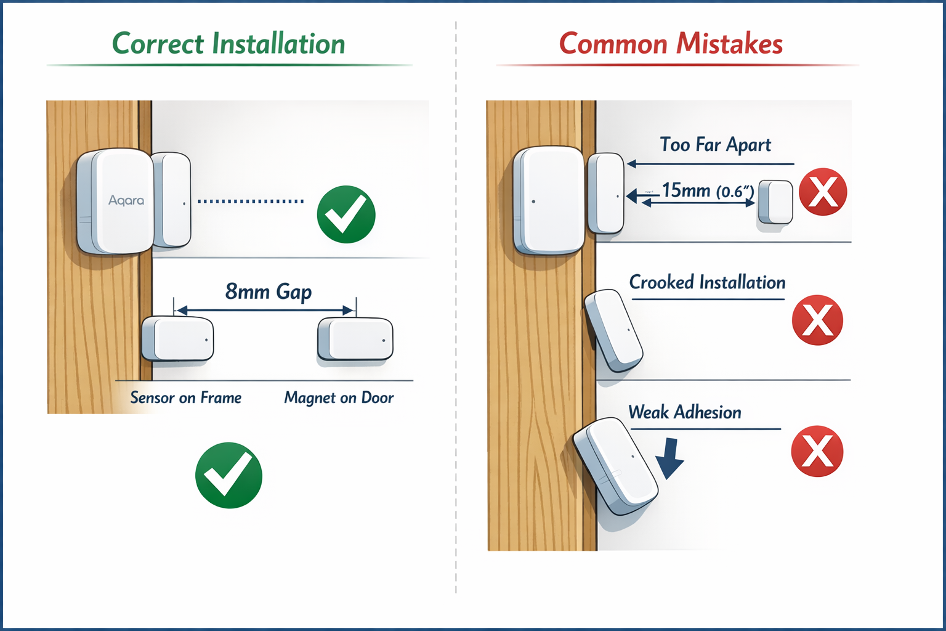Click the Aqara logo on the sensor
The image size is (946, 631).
pyautogui.click(x=126, y=200)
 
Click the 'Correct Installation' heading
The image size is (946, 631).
pyautogui.click(x=228, y=44)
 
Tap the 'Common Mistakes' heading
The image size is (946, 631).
pyautogui.click(x=671, y=44)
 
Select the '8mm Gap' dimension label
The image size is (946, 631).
pyautogui.click(x=269, y=291)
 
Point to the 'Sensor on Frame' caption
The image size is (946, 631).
pyautogui.click(x=185, y=398)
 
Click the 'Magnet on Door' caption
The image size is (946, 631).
pyautogui.click(x=339, y=398)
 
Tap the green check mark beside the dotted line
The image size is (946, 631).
pyautogui.click(x=346, y=214)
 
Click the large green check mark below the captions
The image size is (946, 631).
pyautogui.click(x=228, y=475)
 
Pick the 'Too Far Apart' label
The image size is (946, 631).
pyautogui.click(x=715, y=145)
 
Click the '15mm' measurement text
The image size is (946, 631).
pyautogui.click(x=686, y=190)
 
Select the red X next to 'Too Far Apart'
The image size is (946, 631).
pyautogui.click(x=823, y=192)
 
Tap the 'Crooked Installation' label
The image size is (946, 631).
pyautogui.click(x=707, y=282)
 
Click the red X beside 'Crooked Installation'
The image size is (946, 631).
pyautogui.click(x=817, y=320)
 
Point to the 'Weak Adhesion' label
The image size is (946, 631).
pyautogui.click(x=685, y=412)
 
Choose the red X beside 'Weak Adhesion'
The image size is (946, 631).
pyautogui.click(x=817, y=451)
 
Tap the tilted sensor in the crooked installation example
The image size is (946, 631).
pyautogui.click(x=613, y=331)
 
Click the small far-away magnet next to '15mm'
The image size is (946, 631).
pyautogui.click(x=775, y=202)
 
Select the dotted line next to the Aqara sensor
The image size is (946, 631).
pyautogui.click(x=251, y=201)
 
